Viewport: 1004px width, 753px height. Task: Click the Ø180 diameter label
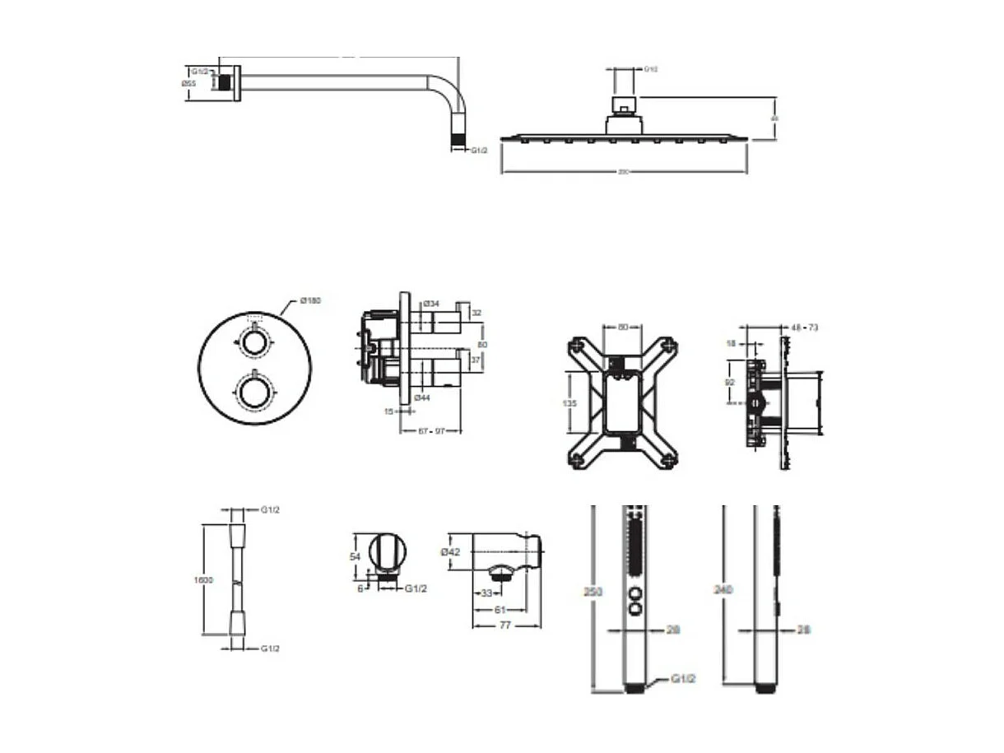coord(310,300)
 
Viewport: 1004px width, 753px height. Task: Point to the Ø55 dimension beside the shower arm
coord(188,83)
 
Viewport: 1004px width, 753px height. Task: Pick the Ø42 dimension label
coord(451,552)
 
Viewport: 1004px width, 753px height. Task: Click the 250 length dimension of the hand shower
coord(585,591)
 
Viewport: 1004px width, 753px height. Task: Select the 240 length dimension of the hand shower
coord(723,589)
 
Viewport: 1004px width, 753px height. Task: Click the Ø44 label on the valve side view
coord(422,397)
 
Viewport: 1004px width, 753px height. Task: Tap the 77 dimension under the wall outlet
coord(505,625)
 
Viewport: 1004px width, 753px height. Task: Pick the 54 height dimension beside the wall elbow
coord(356,556)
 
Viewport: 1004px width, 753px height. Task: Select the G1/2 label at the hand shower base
coord(684,679)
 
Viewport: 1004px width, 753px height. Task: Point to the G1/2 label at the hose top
coord(270,510)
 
